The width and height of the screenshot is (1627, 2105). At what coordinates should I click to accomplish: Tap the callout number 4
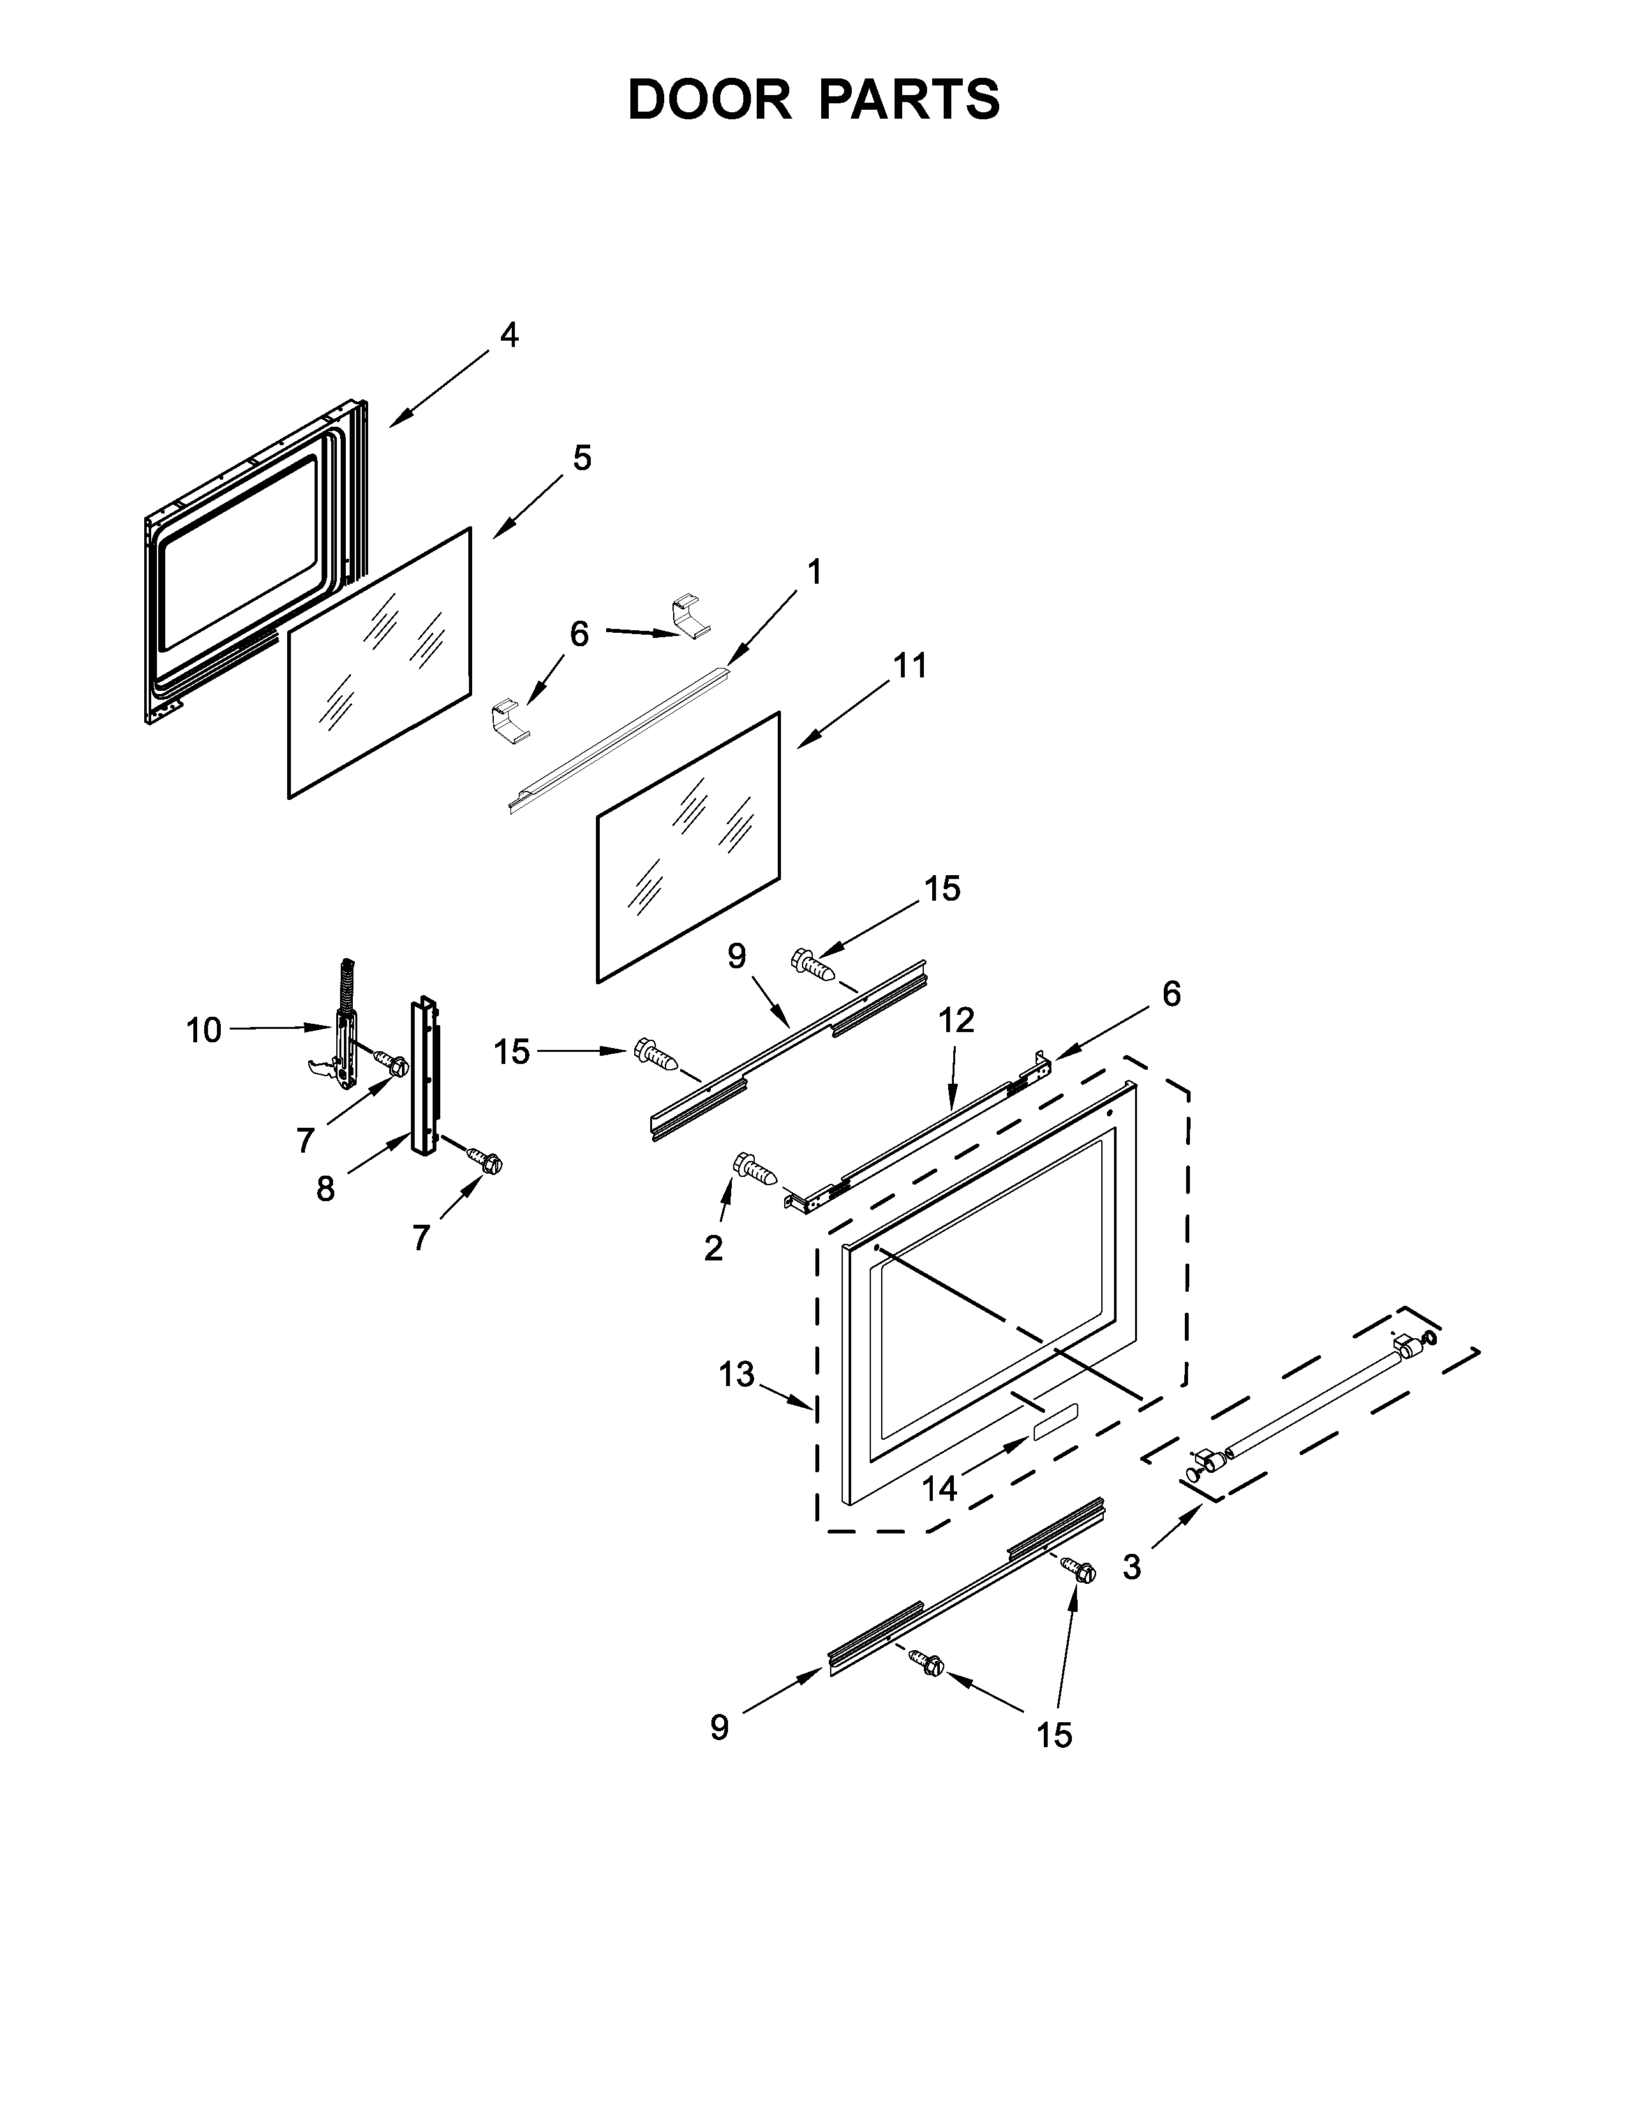click(x=509, y=336)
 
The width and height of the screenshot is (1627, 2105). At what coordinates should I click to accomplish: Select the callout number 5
click(x=582, y=458)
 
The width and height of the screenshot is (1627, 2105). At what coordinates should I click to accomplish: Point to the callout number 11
click(x=910, y=665)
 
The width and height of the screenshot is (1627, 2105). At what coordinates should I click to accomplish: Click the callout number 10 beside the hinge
click(x=204, y=1030)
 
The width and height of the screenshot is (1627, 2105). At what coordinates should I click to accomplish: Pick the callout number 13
click(x=736, y=1375)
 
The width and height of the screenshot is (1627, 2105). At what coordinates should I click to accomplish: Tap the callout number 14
click(x=939, y=1489)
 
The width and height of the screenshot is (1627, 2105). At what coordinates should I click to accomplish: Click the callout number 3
click(x=1132, y=1568)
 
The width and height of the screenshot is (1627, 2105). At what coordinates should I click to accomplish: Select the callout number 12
click(x=956, y=1020)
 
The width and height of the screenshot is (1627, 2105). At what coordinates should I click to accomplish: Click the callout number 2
click(x=713, y=1249)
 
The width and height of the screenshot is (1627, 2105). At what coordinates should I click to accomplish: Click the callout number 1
click(x=815, y=573)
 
